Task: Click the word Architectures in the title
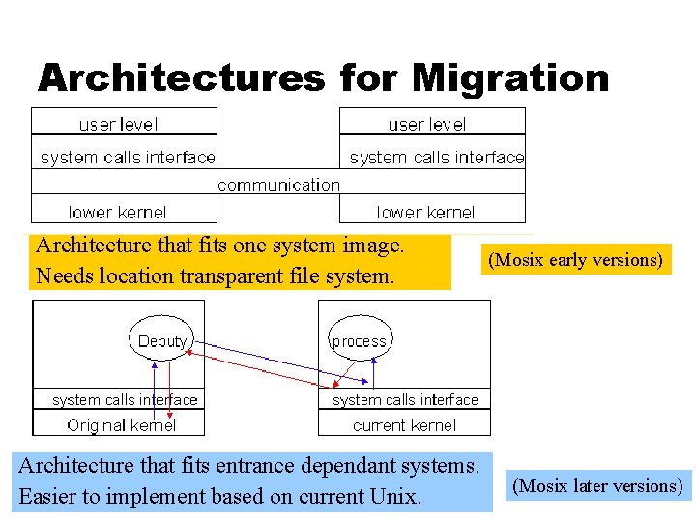pos(181,77)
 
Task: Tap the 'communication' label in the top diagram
pos(278,184)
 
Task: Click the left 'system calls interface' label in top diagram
pos(128,157)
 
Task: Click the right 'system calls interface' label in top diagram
pos(436,157)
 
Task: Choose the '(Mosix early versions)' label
pos(575,260)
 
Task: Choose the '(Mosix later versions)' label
pos(597,486)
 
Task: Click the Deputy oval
pos(162,341)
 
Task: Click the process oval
pos(359,341)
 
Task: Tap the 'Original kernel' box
pos(122,424)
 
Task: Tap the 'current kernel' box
pos(404,424)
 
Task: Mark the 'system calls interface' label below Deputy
pos(125,399)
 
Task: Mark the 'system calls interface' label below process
pos(405,399)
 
